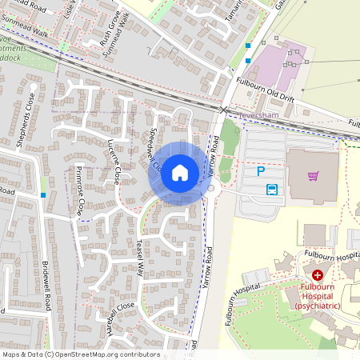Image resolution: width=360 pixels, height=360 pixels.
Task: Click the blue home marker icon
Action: pyautogui.click(x=180, y=172)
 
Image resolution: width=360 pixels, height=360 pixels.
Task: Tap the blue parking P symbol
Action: pyautogui.click(x=260, y=170)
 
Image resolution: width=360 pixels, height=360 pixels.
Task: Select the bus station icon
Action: pyautogui.click(x=272, y=190)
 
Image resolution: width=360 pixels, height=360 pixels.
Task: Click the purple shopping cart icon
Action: pyautogui.click(x=313, y=176)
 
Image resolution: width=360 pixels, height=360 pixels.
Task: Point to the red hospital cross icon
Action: pyautogui.click(x=318, y=274)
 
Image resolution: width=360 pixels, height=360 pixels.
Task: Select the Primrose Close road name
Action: pyautogui.click(x=82, y=193)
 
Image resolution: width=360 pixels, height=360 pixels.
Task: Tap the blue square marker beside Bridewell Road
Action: pyautogui.click(x=42, y=194)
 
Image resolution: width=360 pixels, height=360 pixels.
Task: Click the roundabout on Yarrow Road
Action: pyautogui.click(x=212, y=189)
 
